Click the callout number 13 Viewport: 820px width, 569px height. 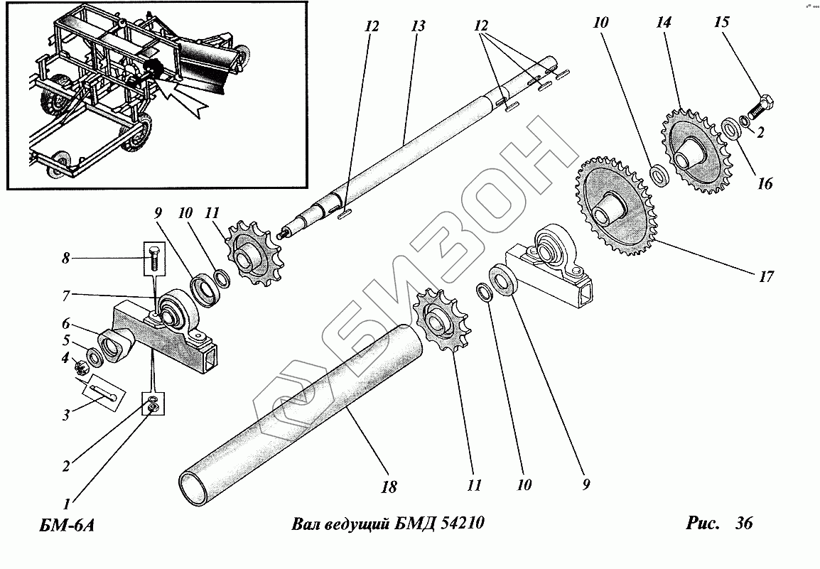coord(417,27)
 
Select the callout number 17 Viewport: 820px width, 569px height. coord(765,277)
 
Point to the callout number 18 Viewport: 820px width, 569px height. coord(389,487)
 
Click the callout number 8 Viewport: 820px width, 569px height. coord(66,259)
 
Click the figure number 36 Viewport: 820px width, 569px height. coord(744,524)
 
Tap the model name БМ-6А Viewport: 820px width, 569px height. coord(63,526)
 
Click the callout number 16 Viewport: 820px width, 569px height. coord(765,183)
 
